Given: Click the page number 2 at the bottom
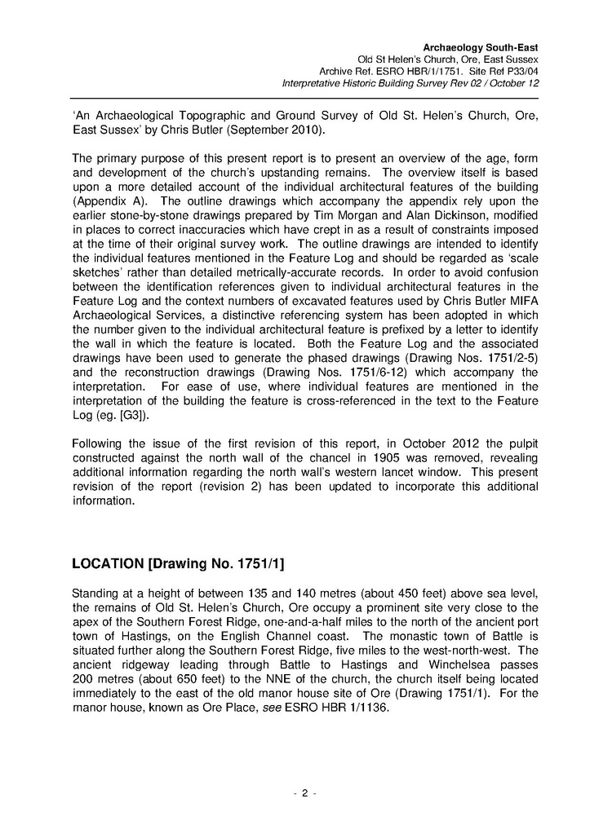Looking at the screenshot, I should (304, 793).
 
